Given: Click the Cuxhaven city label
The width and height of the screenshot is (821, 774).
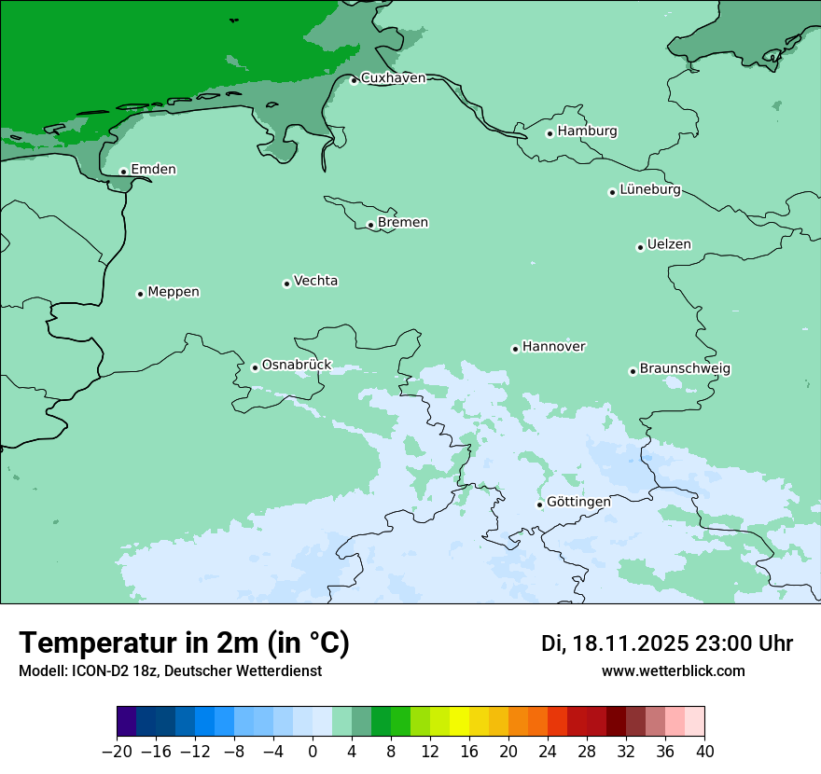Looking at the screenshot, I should click(x=393, y=78).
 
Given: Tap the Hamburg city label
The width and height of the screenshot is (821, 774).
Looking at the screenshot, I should click(x=587, y=131).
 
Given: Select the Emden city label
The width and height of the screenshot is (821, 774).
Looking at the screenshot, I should click(x=153, y=170).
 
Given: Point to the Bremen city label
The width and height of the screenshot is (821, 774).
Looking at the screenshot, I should click(x=402, y=223).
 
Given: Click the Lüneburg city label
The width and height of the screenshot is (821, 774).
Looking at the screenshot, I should click(x=649, y=190).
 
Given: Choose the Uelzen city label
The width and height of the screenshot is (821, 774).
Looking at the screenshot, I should click(x=669, y=245).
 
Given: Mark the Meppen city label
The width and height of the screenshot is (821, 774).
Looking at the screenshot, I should click(x=173, y=293).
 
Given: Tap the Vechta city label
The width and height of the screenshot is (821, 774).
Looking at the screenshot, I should click(x=315, y=282).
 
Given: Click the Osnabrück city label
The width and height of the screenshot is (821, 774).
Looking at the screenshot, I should click(x=296, y=365).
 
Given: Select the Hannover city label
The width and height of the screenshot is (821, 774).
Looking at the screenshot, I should click(x=553, y=347).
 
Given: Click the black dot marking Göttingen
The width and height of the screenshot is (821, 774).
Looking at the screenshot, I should click(x=539, y=504).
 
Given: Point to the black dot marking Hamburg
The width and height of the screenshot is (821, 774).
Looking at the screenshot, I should click(x=550, y=133).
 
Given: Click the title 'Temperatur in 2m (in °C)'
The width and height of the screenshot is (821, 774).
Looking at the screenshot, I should click(x=185, y=643).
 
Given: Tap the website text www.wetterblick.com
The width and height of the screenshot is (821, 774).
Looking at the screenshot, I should click(x=673, y=671).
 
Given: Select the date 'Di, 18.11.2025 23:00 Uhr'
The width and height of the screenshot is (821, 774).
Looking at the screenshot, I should click(x=667, y=643).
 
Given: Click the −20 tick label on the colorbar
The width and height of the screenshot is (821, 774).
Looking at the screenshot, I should click(x=117, y=752).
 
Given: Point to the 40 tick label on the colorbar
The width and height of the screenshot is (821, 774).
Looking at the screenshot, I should click(x=704, y=752).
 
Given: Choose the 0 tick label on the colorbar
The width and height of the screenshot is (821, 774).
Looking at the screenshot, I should click(x=313, y=752).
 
